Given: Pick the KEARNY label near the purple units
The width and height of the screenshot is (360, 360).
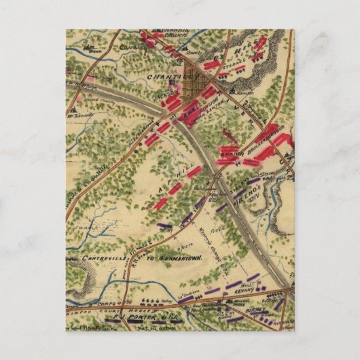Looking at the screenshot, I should [251, 287].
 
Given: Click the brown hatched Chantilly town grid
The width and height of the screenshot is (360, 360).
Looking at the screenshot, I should [196, 75].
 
